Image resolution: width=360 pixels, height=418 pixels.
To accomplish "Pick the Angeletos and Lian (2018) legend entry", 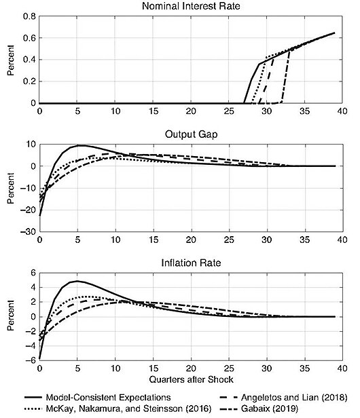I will [295, 397].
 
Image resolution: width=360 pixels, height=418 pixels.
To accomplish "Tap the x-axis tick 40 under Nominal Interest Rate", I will [342, 111].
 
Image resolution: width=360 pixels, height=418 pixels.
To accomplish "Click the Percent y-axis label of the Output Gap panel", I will [11, 187].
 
